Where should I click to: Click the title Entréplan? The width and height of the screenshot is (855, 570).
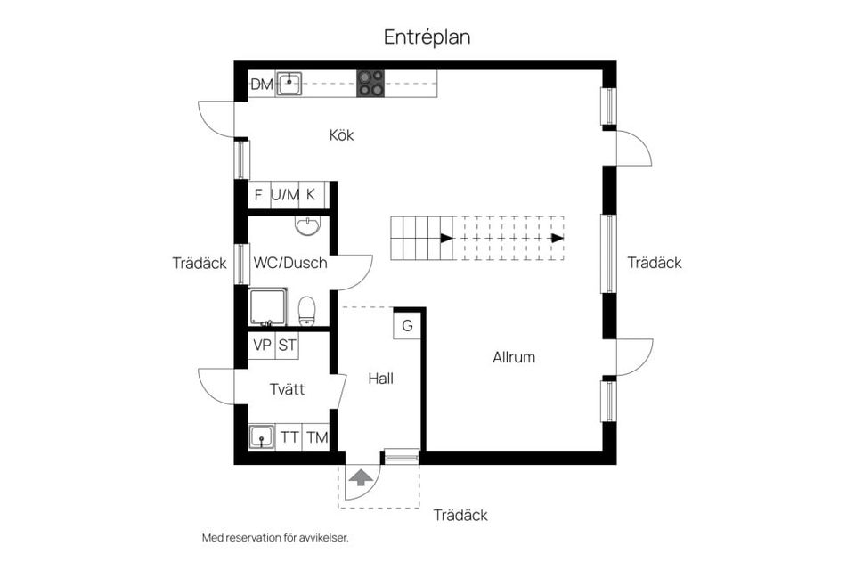click(427, 37)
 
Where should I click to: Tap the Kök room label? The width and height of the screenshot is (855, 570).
click(341, 135)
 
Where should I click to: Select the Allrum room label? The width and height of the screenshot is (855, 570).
click(514, 357)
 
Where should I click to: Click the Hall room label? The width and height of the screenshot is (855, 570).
click(381, 379)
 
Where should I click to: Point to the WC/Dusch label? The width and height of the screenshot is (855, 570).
click(290, 264)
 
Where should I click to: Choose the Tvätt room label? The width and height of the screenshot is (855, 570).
click(288, 389)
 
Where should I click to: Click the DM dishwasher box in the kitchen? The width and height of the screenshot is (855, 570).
click(261, 85)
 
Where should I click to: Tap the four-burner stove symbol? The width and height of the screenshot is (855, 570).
click(371, 84)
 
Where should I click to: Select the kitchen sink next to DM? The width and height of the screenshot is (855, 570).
click(289, 85)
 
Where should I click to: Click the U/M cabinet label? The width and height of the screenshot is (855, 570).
click(285, 194)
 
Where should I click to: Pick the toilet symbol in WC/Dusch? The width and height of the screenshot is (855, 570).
click(307, 311)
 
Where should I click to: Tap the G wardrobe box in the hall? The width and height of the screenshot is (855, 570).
click(407, 325)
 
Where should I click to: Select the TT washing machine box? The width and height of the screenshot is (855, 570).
click(289, 437)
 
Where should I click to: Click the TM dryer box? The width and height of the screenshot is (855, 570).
click(316, 437)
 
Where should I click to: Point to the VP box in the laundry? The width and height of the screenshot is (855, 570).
click(262, 346)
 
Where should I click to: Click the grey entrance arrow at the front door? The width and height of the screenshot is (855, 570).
click(360, 477)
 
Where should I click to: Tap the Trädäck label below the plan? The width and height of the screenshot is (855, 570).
click(460, 516)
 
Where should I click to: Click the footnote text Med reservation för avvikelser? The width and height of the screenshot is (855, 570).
click(275, 538)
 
